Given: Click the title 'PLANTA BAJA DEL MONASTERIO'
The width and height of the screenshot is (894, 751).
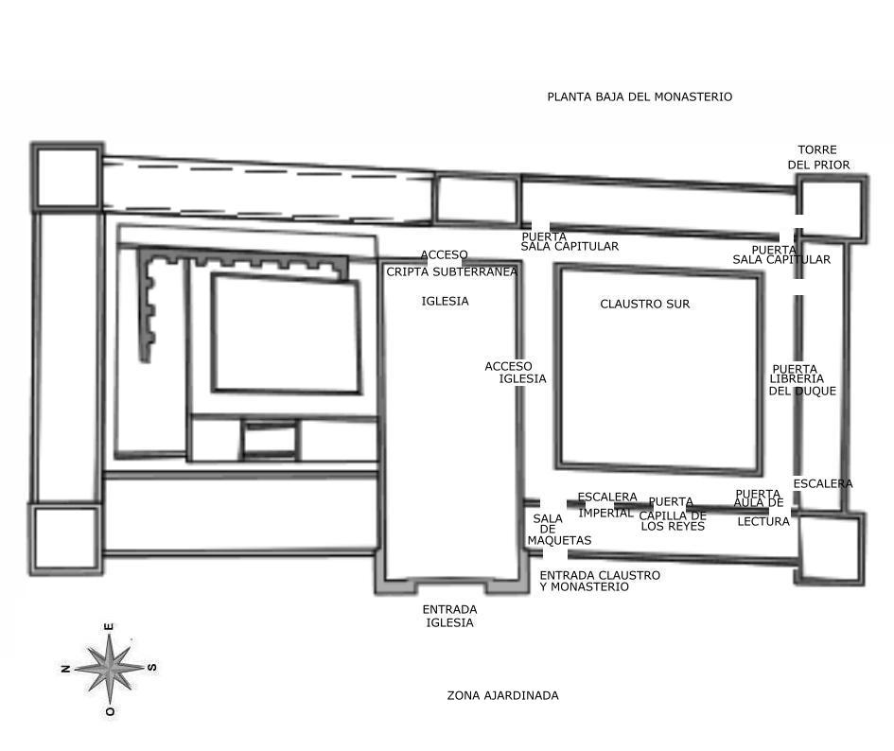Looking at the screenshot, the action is click(x=640, y=96).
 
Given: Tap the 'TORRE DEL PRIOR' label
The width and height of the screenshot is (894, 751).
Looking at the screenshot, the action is click(x=818, y=157).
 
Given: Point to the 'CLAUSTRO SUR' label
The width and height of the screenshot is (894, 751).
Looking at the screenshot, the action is click(x=645, y=304).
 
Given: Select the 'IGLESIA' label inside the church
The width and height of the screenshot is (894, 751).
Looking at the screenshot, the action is click(x=446, y=301).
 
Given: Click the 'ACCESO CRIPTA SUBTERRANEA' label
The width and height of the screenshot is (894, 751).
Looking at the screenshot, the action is click(x=451, y=264).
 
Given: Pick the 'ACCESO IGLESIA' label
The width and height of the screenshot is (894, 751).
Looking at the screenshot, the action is click(x=516, y=373).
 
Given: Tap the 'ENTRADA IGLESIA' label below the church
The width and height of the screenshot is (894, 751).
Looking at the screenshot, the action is click(x=450, y=616).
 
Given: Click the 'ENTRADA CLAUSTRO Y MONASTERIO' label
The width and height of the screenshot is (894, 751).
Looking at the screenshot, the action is click(x=600, y=581).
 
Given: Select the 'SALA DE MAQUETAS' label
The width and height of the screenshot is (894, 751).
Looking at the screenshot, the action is click(x=559, y=529).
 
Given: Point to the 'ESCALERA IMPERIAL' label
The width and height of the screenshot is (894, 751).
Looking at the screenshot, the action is click(x=607, y=505).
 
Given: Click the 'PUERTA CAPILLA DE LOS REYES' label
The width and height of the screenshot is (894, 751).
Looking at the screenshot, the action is click(x=673, y=514).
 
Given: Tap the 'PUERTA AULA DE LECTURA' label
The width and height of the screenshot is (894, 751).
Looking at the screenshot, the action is click(x=762, y=508).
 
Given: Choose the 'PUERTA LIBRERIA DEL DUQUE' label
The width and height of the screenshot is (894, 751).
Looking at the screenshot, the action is click(x=802, y=380).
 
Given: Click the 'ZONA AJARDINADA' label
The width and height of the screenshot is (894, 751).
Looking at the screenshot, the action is click(x=503, y=696).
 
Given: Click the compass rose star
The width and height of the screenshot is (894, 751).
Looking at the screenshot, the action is click(x=110, y=669).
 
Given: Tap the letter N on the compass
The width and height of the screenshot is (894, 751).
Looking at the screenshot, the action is click(x=65, y=669).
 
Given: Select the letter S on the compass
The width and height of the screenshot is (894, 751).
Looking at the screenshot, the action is click(x=152, y=667).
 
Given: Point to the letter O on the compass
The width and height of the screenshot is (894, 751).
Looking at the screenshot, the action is click(x=110, y=711).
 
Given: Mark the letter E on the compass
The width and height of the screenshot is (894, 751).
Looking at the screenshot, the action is click(x=109, y=627).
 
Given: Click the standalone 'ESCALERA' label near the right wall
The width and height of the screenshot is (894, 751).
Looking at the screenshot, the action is click(x=823, y=483).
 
